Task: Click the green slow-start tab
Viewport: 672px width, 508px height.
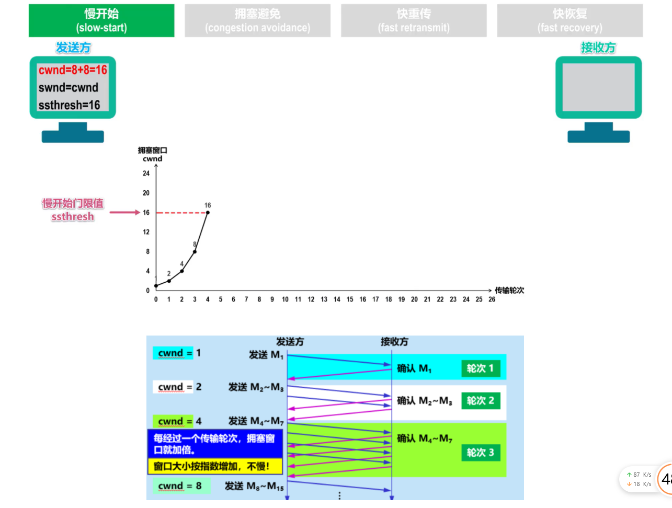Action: pos(101,21)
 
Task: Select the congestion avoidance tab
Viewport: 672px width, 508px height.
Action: pos(257,21)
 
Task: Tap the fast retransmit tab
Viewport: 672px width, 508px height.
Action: pos(414,21)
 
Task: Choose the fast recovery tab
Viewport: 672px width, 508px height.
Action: pos(570,21)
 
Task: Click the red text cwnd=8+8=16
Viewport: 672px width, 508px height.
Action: pos(73,70)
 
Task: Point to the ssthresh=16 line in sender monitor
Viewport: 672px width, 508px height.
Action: pos(69,105)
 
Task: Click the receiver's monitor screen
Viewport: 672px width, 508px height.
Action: pos(598,87)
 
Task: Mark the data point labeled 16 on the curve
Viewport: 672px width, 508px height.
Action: pos(208,213)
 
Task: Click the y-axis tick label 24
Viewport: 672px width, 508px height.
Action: pos(146,174)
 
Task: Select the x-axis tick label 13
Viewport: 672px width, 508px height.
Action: pos(324,299)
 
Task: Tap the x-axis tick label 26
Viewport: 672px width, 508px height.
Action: pos(492,299)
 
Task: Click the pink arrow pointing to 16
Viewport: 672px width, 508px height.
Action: pos(124,213)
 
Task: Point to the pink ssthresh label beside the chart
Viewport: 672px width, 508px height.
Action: pos(73,216)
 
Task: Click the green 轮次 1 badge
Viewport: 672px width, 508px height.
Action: pos(480,368)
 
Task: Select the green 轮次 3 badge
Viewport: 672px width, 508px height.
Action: pos(480,453)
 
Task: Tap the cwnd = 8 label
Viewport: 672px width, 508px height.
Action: pos(180,486)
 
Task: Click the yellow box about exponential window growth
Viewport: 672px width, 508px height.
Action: pos(215,466)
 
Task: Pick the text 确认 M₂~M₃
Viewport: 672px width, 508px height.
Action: pos(424,401)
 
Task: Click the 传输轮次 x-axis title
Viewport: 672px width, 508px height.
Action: pos(509,291)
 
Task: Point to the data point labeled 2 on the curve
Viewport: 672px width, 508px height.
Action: pos(169,281)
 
